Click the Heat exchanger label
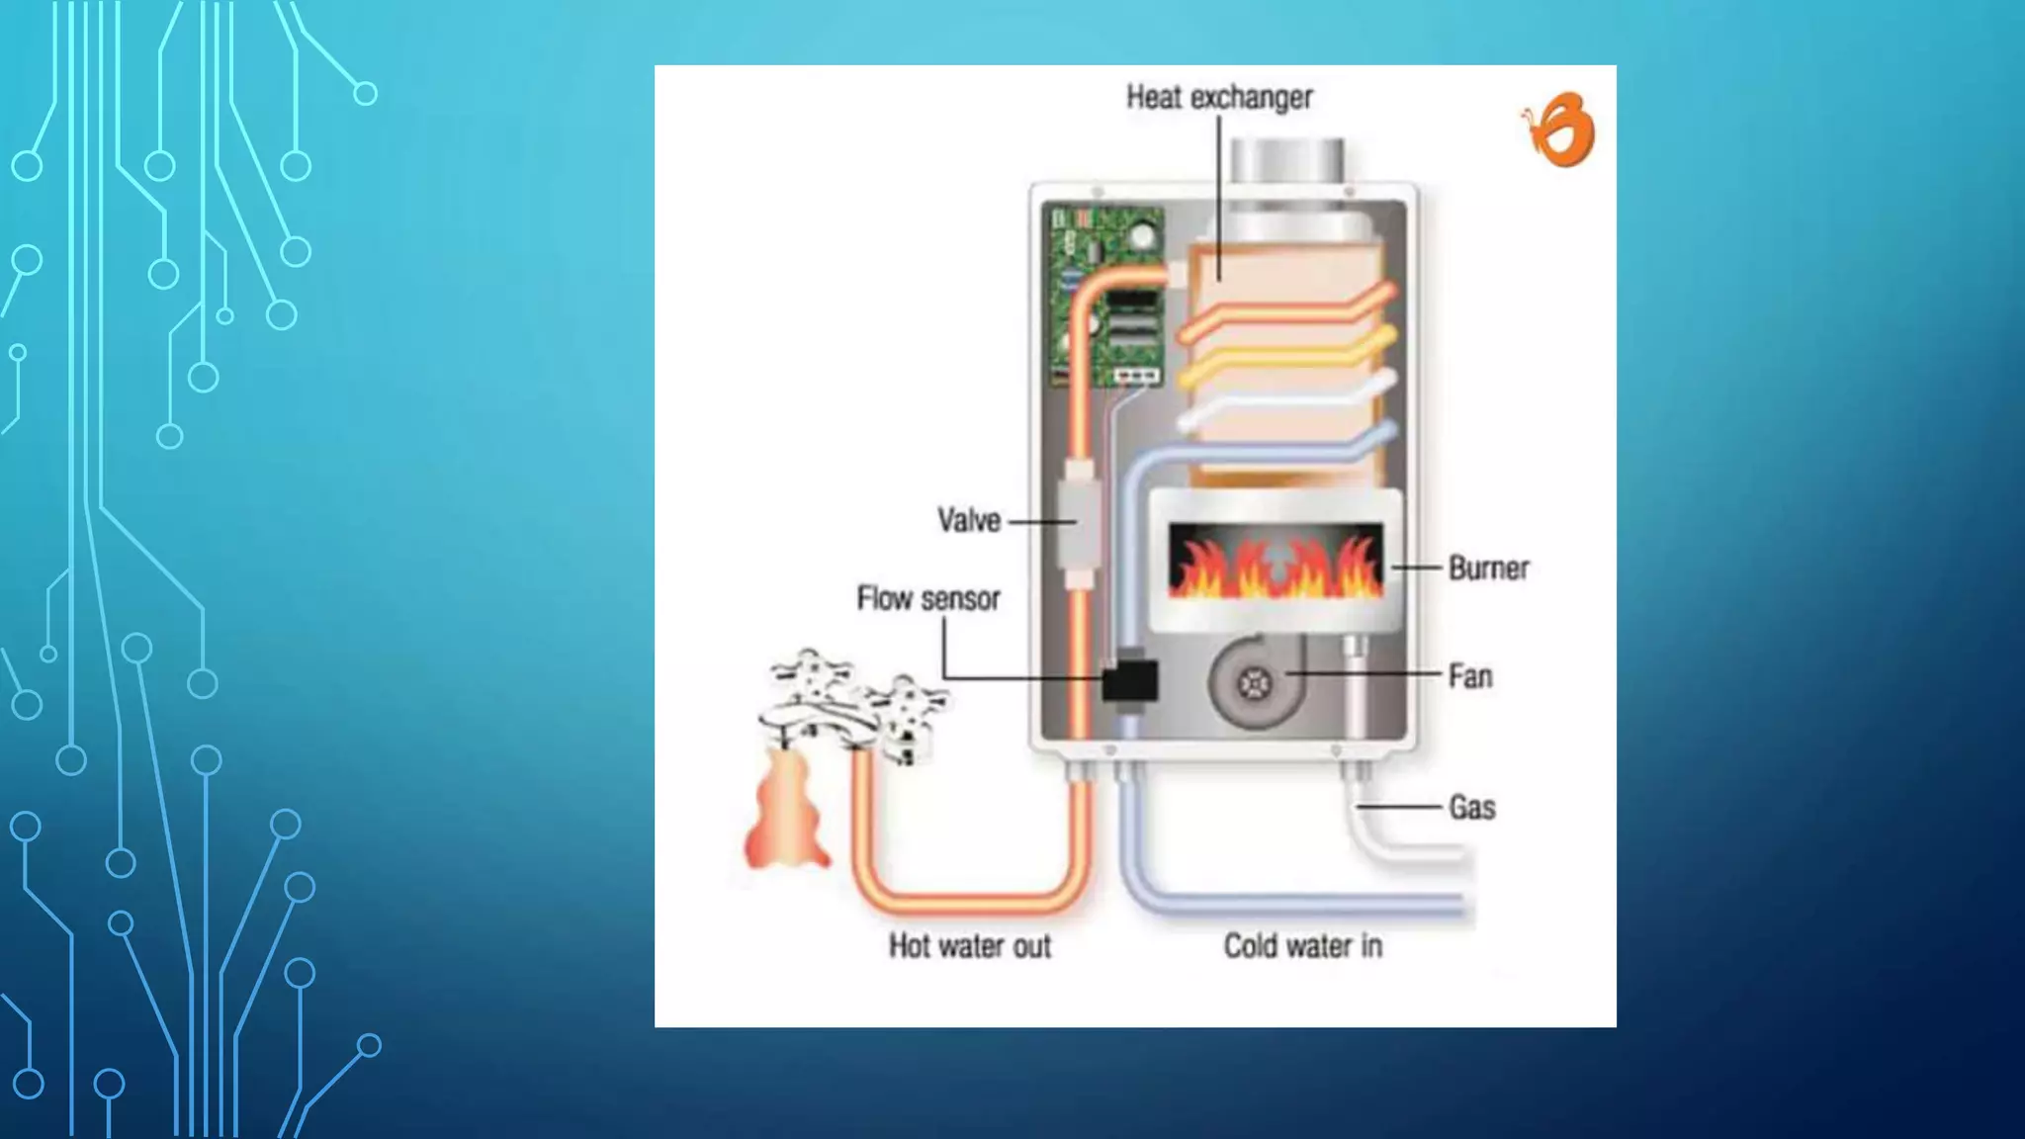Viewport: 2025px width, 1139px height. (x=1219, y=97)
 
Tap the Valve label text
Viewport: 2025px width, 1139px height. (x=968, y=520)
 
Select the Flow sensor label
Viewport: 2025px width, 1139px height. (x=927, y=598)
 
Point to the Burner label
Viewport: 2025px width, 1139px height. (x=1488, y=568)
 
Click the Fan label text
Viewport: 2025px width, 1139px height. (x=1469, y=676)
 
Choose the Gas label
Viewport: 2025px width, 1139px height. (x=1471, y=807)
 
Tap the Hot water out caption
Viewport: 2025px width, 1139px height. (x=969, y=946)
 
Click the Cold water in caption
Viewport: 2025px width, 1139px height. (x=1302, y=946)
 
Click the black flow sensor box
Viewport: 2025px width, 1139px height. (x=1129, y=680)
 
